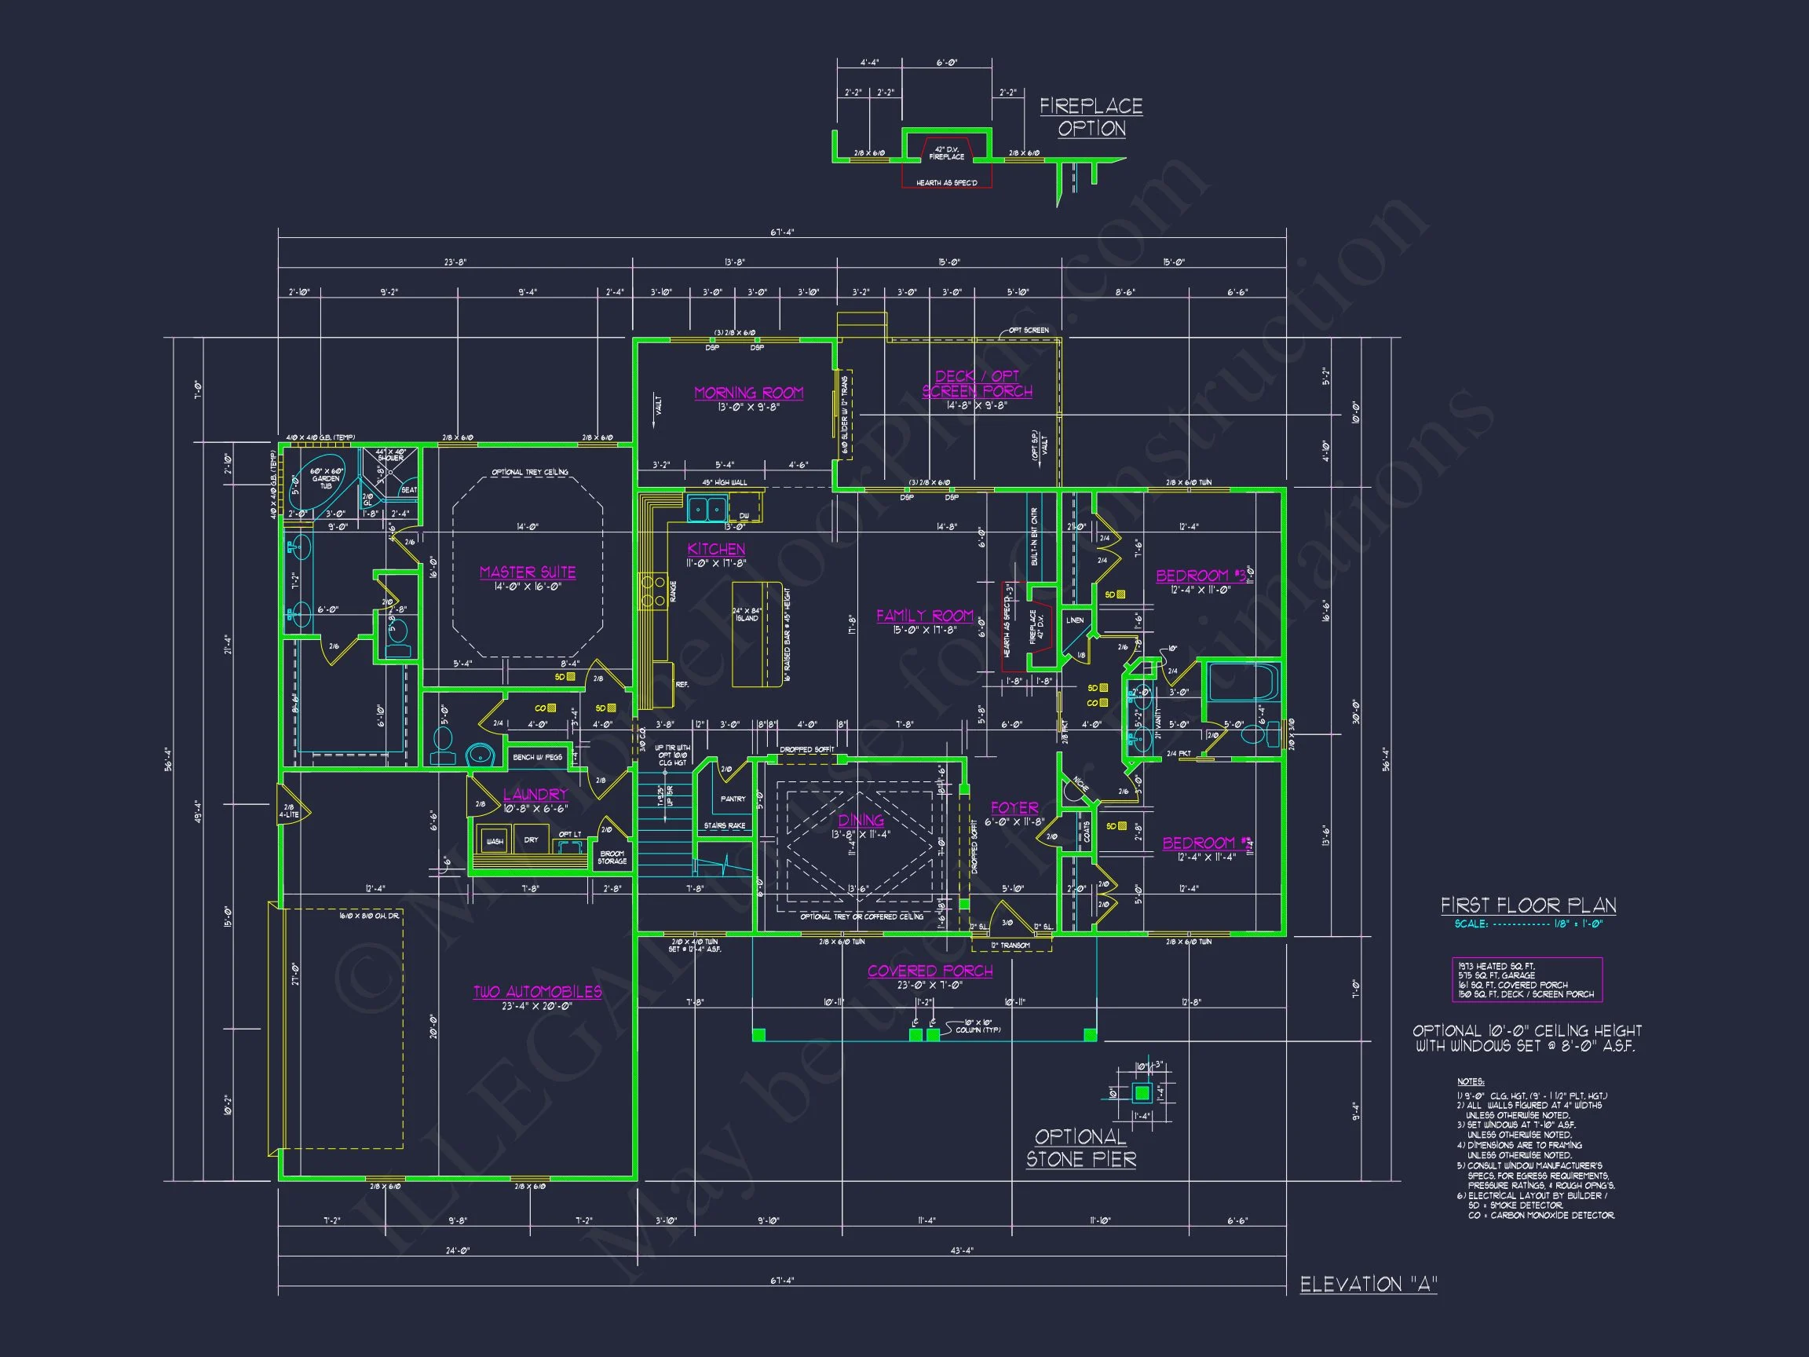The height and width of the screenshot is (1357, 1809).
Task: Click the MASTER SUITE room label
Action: click(528, 572)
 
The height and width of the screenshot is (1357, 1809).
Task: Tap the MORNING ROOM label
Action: click(748, 393)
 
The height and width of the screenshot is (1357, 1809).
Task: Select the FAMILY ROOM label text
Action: click(925, 616)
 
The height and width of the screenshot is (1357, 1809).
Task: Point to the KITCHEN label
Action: click(716, 549)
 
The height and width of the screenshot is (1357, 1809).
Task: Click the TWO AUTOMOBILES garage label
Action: click(537, 992)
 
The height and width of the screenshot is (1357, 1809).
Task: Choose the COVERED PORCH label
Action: click(930, 971)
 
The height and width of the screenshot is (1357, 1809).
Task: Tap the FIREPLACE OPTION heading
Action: click(1091, 117)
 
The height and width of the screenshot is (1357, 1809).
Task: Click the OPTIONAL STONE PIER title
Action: click(1080, 1147)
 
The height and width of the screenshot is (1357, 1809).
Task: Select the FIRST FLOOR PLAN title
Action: click(1528, 905)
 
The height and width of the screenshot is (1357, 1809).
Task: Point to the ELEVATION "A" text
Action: click(1369, 1284)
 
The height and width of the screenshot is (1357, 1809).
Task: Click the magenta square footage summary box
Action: click(1527, 980)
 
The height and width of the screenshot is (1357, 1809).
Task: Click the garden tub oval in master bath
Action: click(327, 484)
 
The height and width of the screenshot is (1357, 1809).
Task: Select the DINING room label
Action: click(861, 820)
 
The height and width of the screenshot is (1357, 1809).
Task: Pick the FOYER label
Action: click(1014, 808)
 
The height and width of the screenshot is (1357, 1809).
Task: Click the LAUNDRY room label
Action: click(535, 794)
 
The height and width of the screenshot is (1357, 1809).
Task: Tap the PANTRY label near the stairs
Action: click(733, 799)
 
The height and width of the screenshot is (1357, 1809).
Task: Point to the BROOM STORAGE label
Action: click(612, 858)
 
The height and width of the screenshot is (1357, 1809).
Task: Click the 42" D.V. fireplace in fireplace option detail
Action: click(946, 153)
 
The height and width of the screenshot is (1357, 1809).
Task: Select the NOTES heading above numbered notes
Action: click(1470, 1082)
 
